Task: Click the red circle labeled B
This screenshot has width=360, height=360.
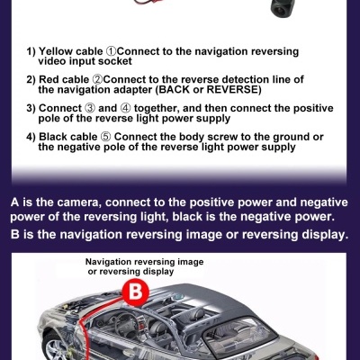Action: pyautogui.click(x=135, y=292)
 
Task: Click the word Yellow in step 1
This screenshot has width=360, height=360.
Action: pyautogui.click(x=56, y=51)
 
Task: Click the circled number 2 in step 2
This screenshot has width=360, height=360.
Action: pyautogui.click(x=97, y=80)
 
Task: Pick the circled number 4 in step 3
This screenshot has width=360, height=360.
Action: pyautogui.click(x=125, y=108)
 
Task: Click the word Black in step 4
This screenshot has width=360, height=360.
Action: pyautogui.click(x=53, y=137)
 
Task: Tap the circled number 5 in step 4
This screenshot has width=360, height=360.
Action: pyautogui.click(x=105, y=137)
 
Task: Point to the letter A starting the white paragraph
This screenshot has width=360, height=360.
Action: pyautogui.click(x=15, y=202)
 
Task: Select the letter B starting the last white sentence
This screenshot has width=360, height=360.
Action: pyautogui.click(x=14, y=234)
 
